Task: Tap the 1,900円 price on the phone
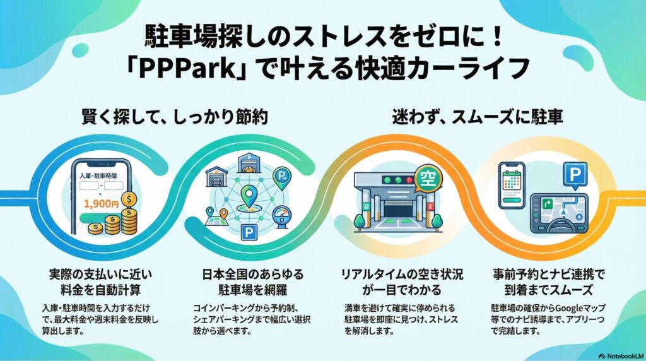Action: (x=101, y=204)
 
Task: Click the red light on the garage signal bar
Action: (x=409, y=180)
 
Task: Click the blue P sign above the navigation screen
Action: (x=575, y=175)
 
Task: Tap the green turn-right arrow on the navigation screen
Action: (x=548, y=203)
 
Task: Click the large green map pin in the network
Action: (x=248, y=196)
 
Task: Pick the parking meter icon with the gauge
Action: (x=282, y=216)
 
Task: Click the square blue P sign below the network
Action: (x=249, y=233)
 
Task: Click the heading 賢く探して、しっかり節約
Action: (x=175, y=117)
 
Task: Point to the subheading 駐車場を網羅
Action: (x=252, y=290)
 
